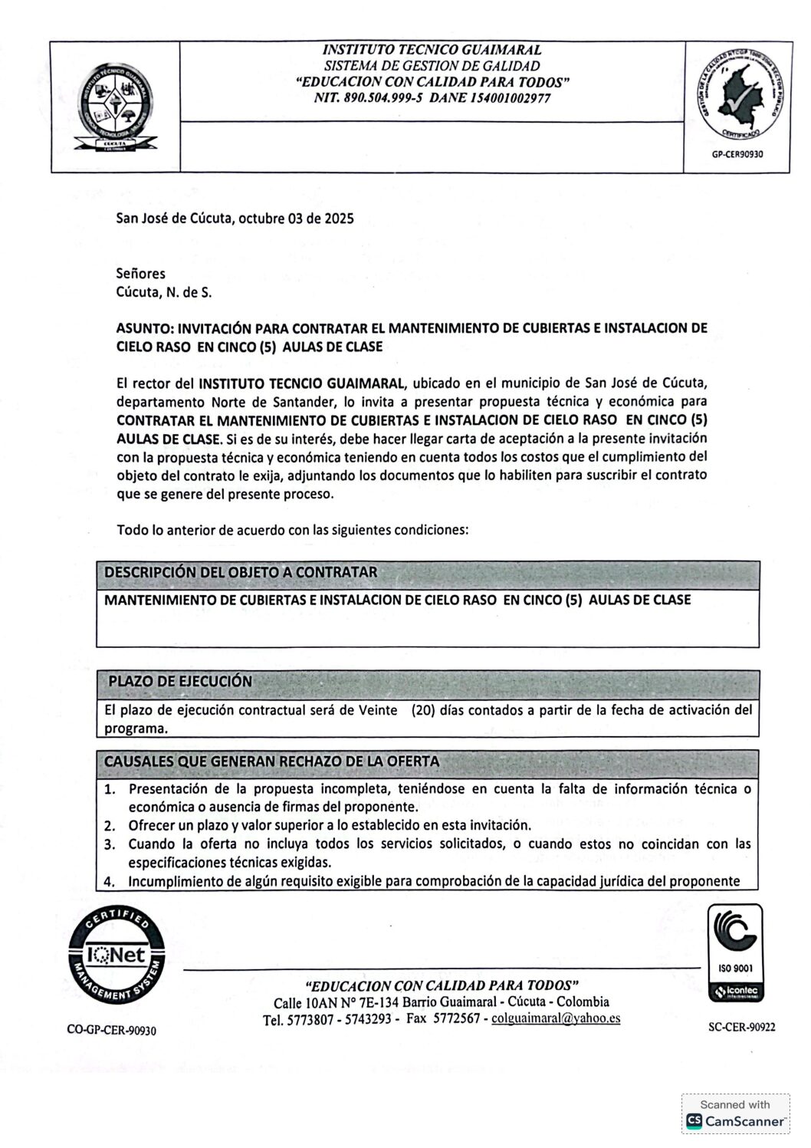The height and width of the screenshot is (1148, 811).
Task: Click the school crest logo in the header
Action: pyautogui.click(x=115, y=107)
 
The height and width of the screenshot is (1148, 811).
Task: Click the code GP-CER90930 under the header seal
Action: pyautogui.click(x=738, y=153)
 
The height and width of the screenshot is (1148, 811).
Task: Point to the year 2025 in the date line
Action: pyautogui.click(x=338, y=219)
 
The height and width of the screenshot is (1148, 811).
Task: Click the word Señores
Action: pyautogui.click(x=140, y=273)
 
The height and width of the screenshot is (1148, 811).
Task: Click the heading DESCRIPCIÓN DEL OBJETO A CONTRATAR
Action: pyautogui.click(x=241, y=572)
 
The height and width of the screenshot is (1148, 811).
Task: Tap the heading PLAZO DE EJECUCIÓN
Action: pyautogui.click(x=180, y=681)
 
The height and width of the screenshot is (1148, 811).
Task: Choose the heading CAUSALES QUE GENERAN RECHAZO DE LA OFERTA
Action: pyautogui.click(x=271, y=761)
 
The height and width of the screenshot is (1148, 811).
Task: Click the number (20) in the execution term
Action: pyautogui.click(x=423, y=710)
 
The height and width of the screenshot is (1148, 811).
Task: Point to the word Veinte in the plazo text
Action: pyautogui.click(x=378, y=710)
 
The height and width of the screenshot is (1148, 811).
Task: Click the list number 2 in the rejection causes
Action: pyautogui.click(x=110, y=826)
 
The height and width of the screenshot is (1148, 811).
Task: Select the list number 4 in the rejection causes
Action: pyautogui.click(x=110, y=881)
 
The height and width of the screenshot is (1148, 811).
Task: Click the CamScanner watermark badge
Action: pyautogui.click(x=735, y=1113)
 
